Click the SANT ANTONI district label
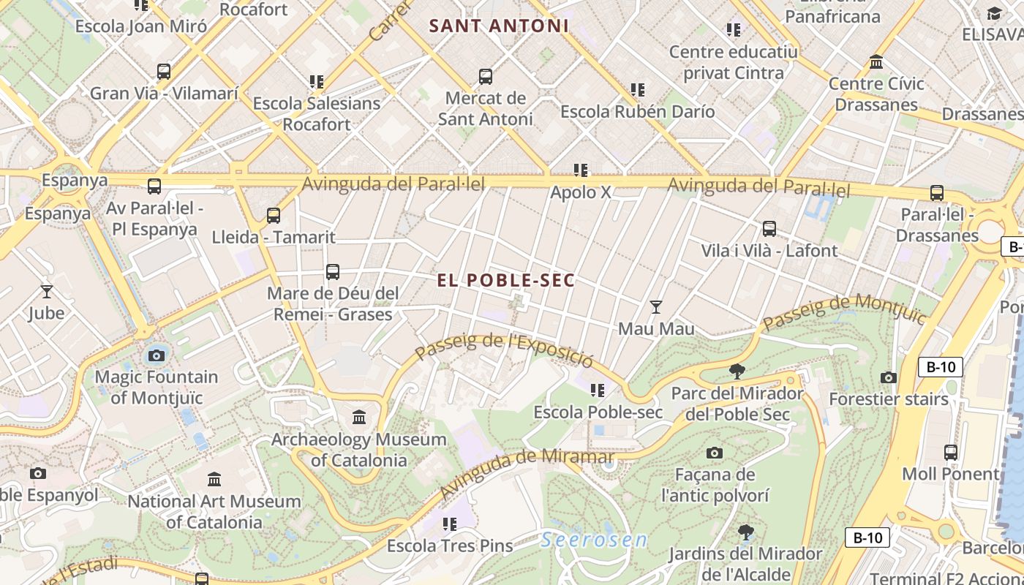499,26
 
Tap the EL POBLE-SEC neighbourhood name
506,280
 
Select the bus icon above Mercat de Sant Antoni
485,77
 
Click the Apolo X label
580,193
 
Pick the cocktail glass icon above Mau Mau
656,307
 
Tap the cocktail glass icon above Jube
47,292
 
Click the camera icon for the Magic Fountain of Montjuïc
156,356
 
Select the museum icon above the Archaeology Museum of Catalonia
359,418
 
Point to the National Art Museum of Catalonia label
214,512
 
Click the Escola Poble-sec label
598,412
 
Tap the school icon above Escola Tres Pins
449,524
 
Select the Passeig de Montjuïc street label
844,311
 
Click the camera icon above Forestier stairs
889,378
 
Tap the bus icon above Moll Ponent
950,453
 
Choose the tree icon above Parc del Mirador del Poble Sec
737,371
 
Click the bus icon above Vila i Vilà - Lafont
769,229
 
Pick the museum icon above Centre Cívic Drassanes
876,62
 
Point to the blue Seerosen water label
594,540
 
